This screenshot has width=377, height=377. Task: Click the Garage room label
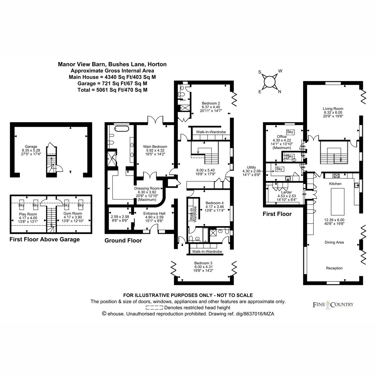(31, 146)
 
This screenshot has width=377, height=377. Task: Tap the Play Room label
(28, 214)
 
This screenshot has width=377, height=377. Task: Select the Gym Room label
(73, 213)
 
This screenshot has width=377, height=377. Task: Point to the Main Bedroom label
(155, 146)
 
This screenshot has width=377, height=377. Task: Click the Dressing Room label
(147, 188)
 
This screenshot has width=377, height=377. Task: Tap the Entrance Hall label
(154, 213)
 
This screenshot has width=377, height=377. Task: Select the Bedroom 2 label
(211, 103)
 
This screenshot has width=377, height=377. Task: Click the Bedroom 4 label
(215, 203)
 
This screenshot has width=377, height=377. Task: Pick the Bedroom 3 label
(203, 263)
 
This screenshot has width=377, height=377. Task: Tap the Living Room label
(333, 109)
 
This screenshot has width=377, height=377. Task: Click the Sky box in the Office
(290, 132)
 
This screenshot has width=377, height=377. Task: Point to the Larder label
(287, 192)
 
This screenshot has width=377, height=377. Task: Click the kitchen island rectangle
(337, 201)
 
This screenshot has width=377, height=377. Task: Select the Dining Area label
(334, 243)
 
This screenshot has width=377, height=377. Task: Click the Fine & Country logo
(333, 305)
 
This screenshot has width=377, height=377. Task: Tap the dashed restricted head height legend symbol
(154, 308)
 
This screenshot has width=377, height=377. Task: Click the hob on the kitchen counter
(337, 176)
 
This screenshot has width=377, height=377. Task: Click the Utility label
(251, 167)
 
